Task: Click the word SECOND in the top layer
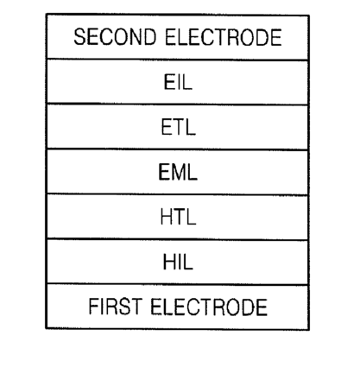[x=115, y=37]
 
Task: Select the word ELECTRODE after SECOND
[x=224, y=37]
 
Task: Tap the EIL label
[x=178, y=82]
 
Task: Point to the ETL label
[x=178, y=127]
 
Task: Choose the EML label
[x=178, y=172]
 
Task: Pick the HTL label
[x=178, y=217]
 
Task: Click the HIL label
[x=178, y=262]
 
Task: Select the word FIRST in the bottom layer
[x=115, y=307]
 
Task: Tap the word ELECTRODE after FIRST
[x=209, y=307]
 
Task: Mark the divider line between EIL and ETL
[x=178, y=104]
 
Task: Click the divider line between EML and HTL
[x=178, y=194]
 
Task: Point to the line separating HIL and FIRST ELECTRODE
[x=178, y=284]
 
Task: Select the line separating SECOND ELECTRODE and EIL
[x=178, y=60]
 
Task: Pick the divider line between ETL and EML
[x=178, y=149]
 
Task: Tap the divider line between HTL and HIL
[x=178, y=239]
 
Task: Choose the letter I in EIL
[x=177, y=82]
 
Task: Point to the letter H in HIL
[x=169, y=262]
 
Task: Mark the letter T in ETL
[x=179, y=127]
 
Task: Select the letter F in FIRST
[x=93, y=307]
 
